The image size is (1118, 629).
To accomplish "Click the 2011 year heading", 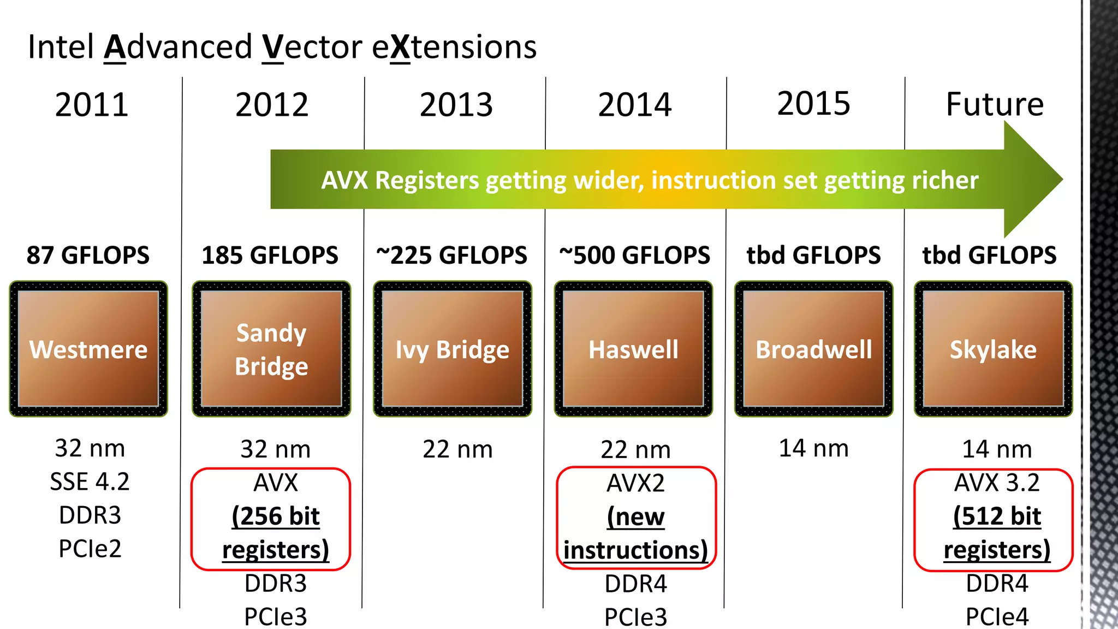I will [92, 104].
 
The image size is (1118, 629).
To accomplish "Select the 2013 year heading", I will [456, 104].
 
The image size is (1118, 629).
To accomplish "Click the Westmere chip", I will [88, 349].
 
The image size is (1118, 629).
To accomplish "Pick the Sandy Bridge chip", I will [271, 349].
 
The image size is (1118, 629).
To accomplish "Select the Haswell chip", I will [633, 349].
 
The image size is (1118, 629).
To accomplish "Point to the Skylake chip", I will [993, 349].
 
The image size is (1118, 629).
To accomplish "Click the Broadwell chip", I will [813, 349].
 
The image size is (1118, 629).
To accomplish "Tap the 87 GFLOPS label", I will [88, 255].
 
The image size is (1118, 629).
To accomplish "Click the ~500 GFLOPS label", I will [635, 255].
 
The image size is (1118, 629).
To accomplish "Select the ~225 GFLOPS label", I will [452, 255].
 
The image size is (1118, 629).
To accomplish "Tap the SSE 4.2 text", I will [90, 482].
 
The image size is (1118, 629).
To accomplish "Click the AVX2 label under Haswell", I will [635, 483].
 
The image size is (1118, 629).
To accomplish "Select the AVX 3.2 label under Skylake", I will [997, 483].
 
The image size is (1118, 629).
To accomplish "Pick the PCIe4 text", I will [997, 616].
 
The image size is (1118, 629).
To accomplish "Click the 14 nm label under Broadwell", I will [813, 448].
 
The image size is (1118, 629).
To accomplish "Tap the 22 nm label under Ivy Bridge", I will [457, 449].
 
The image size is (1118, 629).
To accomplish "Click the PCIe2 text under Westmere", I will [90, 548].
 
